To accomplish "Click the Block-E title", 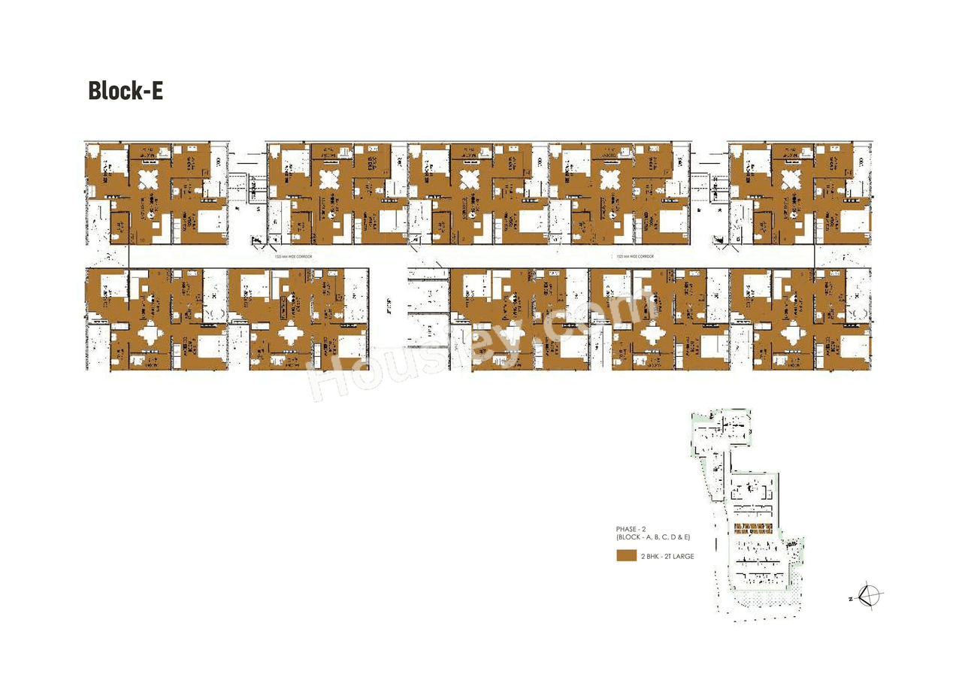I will click(x=126, y=90).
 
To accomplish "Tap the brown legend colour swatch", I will click(x=626, y=556).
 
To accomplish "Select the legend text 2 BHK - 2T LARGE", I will click(x=667, y=556).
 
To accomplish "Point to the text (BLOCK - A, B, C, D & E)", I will click(x=652, y=539).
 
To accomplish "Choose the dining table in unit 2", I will click(x=470, y=180).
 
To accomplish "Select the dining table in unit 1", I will click(x=329, y=180).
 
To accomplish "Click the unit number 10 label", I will click(x=143, y=239).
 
